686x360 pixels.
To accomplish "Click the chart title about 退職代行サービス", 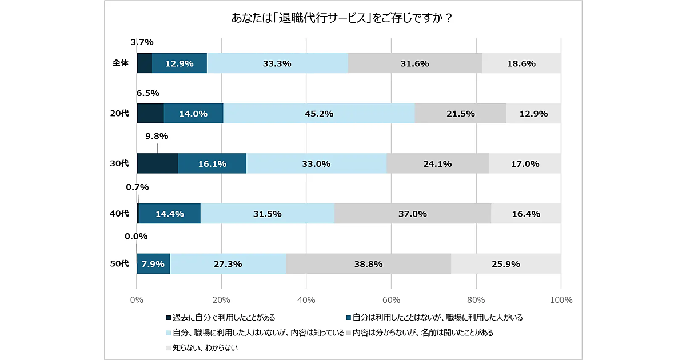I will click(342, 18).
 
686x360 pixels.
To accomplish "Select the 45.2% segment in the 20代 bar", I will click(319, 114).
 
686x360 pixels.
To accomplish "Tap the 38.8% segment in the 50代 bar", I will click(368, 264).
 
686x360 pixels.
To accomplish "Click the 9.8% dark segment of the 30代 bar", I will click(157, 163).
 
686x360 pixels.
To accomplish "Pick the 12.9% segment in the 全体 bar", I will click(179, 63).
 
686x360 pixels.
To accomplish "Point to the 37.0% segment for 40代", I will click(413, 214).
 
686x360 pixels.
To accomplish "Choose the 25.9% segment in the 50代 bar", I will click(506, 264).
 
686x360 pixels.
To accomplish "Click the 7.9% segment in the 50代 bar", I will click(153, 264).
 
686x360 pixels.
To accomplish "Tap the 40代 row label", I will click(119, 214).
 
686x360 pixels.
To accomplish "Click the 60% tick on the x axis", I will click(391, 299).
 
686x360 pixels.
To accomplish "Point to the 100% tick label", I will click(561, 299).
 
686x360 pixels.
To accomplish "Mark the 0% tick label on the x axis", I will click(137, 299).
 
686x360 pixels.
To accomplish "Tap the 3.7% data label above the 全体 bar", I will click(142, 42).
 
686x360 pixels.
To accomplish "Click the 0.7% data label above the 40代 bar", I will click(137, 187).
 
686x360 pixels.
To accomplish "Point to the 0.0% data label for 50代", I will click(136, 237).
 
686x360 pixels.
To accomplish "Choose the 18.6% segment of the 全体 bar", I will click(521, 63).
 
